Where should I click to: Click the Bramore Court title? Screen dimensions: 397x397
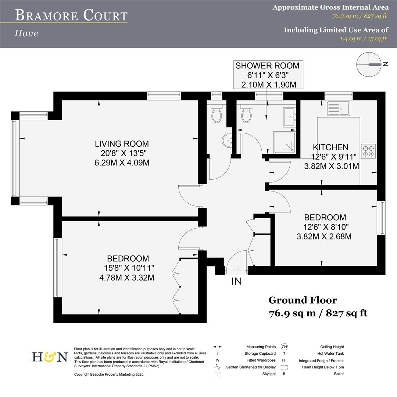coord(71,15)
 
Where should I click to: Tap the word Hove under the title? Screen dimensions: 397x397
coord(26,33)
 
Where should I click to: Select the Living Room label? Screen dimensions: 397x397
coord(122,144)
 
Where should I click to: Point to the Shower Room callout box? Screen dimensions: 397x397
coord(267,75)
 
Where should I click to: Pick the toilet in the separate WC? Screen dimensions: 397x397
coord(217,114)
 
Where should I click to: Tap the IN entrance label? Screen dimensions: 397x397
coord(236,282)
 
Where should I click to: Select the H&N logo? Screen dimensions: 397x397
coord(50,357)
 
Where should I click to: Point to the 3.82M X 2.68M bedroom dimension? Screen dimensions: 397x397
coord(324,236)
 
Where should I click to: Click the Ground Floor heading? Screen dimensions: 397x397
coord(303,300)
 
